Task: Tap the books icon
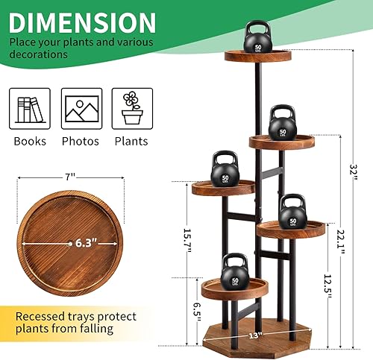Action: pyautogui.click(x=30, y=109)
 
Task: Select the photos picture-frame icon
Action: pyautogui.click(x=81, y=109)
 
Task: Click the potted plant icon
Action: pyautogui.click(x=132, y=109)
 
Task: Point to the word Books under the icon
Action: pyautogui.click(x=30, y=141)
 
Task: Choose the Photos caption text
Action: pyautogui.click(x=81, y=141)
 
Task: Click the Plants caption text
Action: pyautogui.click(x=132, y=141)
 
